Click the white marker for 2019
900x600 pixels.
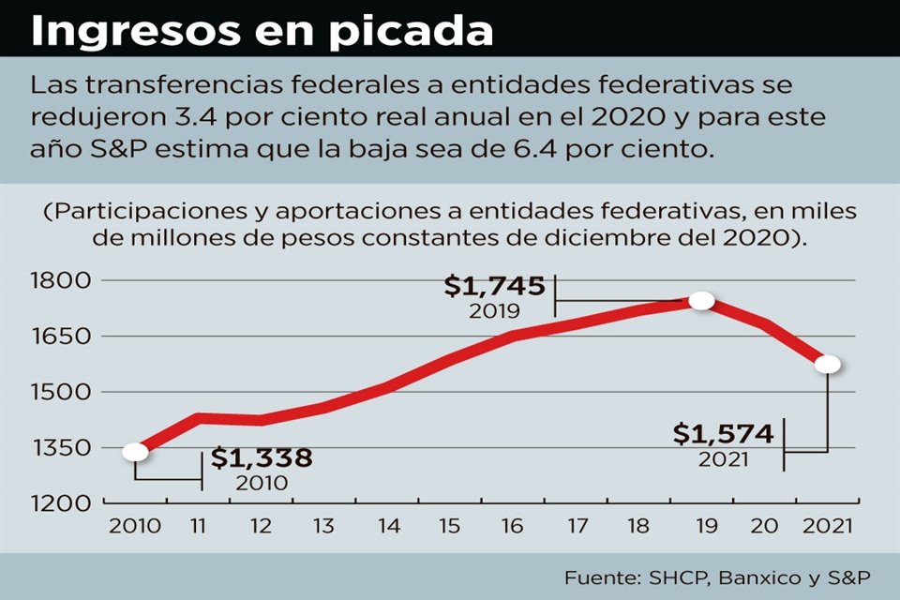pyautogui.click(x=701, y=301)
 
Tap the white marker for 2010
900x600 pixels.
pyautogui.click(x=135, y=452)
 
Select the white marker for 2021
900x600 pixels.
pyautogui.click(x=828, y=364)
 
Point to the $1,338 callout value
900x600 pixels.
pyautogui.click(x=262, y=458)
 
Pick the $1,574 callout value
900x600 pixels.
pyautogui.click(x=724, y=435)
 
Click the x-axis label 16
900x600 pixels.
pyautogui.click(x=512, y=526)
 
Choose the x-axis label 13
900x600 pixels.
pyautogui.click(x=323, y=526)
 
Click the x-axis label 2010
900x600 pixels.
pyautogui.click(x=135, y=526)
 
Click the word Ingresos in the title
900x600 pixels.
pyautogui.click(x=132, y=31)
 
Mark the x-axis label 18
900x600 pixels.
pyautogui.click(x=637, y=526)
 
